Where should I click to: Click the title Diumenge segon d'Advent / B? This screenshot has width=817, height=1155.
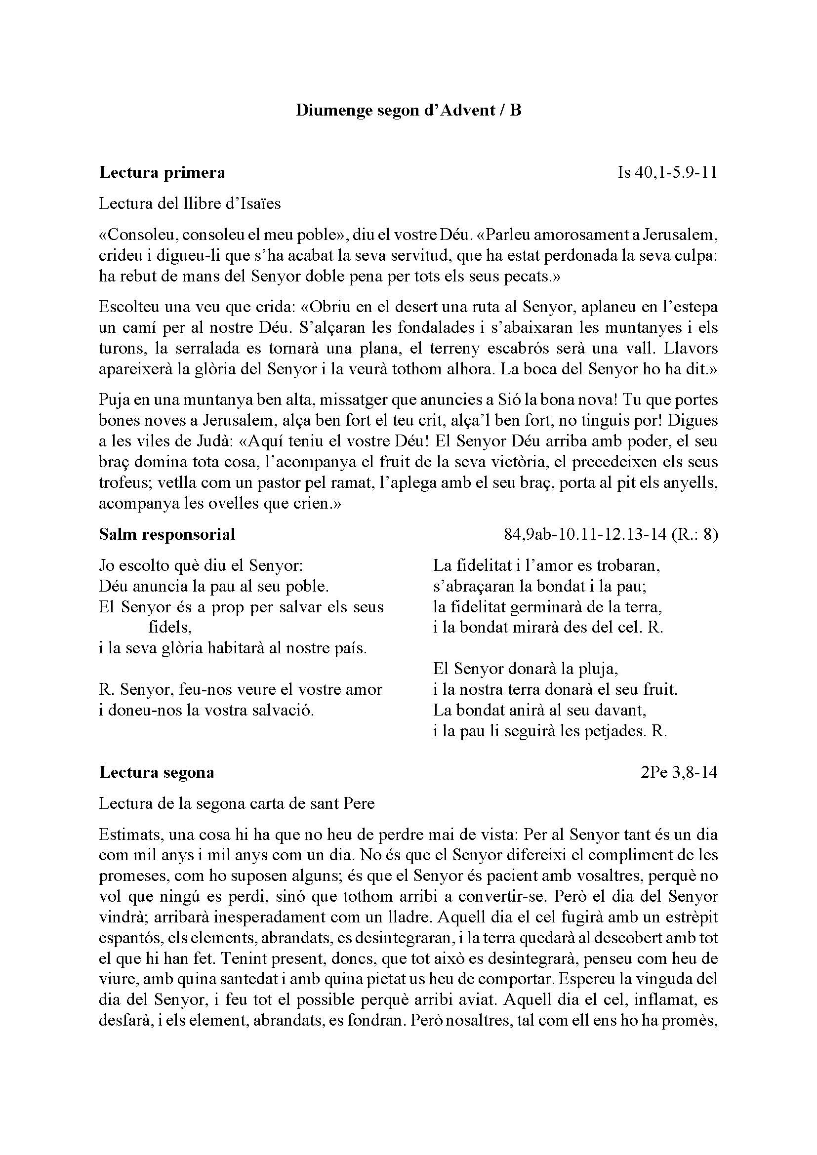[x=408, y=110]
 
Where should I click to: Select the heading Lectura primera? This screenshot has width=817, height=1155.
[x=162, y=172]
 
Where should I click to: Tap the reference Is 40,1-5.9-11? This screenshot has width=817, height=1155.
[x=667, y=172]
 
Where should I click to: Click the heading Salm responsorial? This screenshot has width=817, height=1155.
[x=167, y=534]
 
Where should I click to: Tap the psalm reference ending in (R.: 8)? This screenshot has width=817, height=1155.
[x=611, y=534]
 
